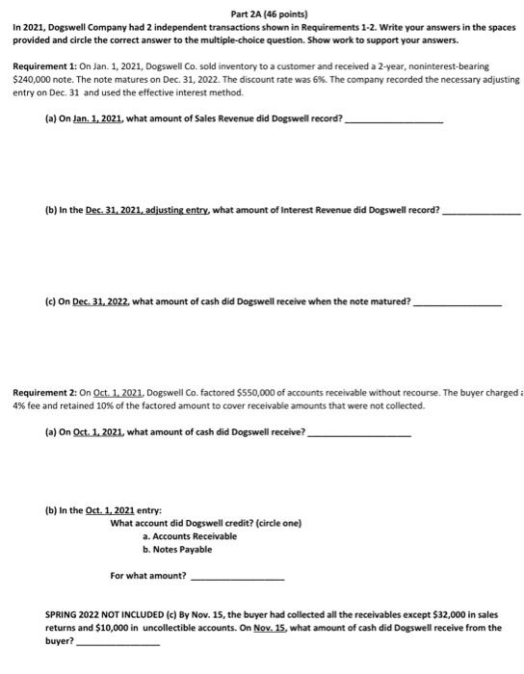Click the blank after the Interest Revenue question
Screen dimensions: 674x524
(x=482, y=208)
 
